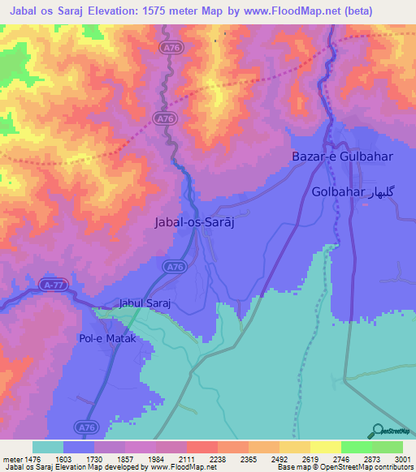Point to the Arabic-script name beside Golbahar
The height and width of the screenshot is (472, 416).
(x=382, y=192)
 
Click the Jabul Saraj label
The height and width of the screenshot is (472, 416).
(x=149, y=303)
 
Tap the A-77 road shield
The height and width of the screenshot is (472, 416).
(x=53, y=285)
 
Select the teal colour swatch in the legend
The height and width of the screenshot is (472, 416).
(x=48, y=447)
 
